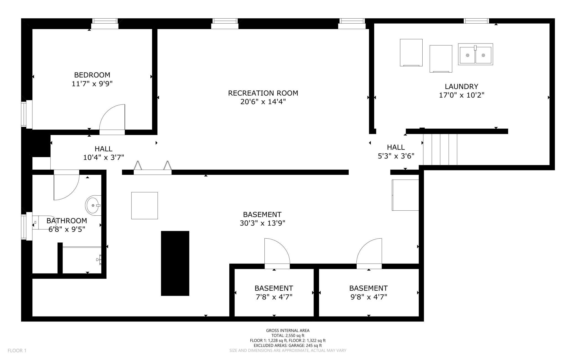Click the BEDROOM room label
(92, 75)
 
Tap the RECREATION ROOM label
(263, 93)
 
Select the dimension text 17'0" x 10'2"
(462, 95)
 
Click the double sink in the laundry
(475, 54)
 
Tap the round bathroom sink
(93, 205)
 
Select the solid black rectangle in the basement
(175, 263)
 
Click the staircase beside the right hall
(440, 149)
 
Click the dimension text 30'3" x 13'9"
(263, 223)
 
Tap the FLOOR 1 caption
(17, 351)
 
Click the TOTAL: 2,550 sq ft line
(288, 335)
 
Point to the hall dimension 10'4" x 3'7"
(104, 157)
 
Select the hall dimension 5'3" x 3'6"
(396, 156)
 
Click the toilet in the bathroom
(43, 222)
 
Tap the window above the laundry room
(476, 21)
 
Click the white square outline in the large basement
(145, 205)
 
